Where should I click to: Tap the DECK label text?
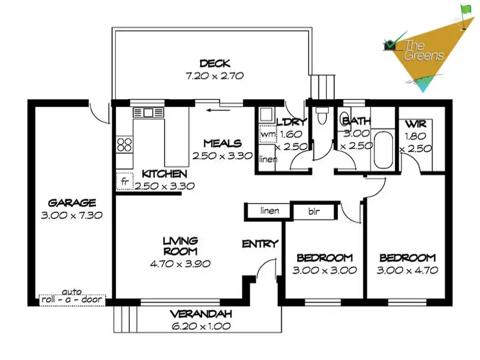click(x=211, y=63)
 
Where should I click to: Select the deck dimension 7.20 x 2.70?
click(x=211, y=75)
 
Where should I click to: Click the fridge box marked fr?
click(x=124, y=182)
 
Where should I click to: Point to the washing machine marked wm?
click(x=267, y=135)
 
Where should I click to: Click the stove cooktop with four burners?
click(x=124, y=145)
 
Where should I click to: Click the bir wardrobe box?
click(x=314, y=210)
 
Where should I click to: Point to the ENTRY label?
click(x=260, y=244)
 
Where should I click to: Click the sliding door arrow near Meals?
click(x=219, y=109)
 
